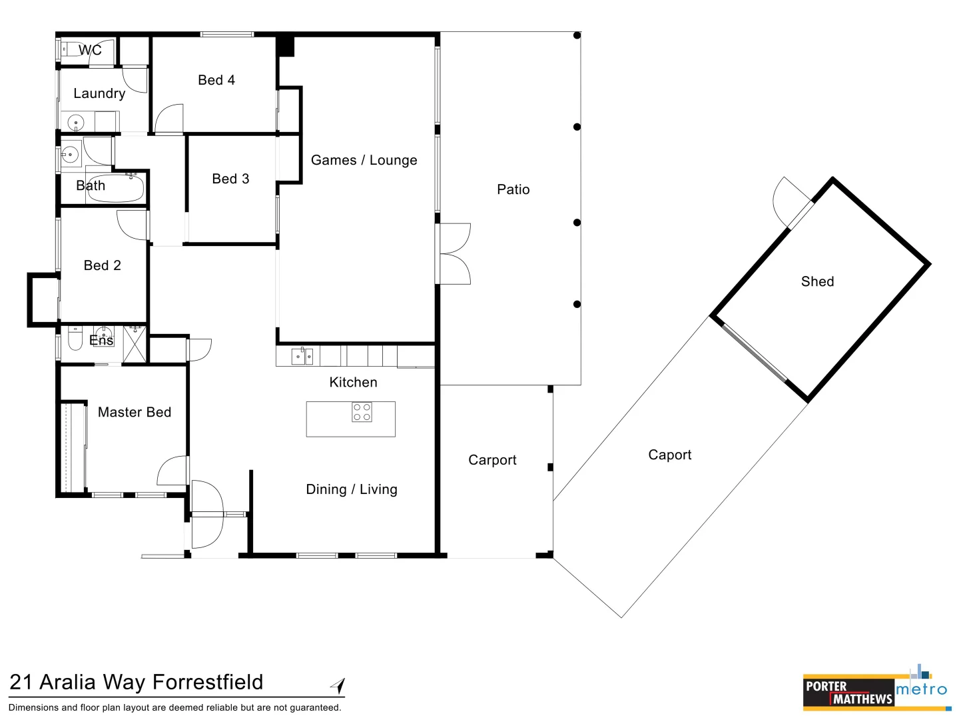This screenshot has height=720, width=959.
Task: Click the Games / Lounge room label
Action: coord(364,161)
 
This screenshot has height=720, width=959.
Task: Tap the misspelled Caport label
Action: coord(670,455)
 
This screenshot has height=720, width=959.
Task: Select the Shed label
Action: coord(817,281)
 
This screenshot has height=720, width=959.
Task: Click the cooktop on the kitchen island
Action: coord(362,412)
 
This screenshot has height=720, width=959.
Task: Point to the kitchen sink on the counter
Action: coord(302,356)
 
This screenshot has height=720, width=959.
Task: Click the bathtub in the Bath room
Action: coord(115,189)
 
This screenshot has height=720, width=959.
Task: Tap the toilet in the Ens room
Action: coord(75,338)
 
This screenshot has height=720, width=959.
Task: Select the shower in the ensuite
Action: coord(135,344)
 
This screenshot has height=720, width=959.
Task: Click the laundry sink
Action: coord(76,123)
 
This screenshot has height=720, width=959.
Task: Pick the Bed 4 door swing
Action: coord(169,118)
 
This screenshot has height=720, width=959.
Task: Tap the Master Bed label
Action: coord(135,412)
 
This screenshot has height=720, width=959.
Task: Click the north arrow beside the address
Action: coord(338,685)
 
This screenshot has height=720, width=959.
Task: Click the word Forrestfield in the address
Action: coord(208,683)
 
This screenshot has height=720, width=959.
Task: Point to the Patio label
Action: coord(513,190)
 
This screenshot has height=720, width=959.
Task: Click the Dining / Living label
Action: coord(352,489)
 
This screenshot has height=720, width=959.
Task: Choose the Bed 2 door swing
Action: coord(132,225)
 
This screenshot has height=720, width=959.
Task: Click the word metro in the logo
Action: coord(922,689)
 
